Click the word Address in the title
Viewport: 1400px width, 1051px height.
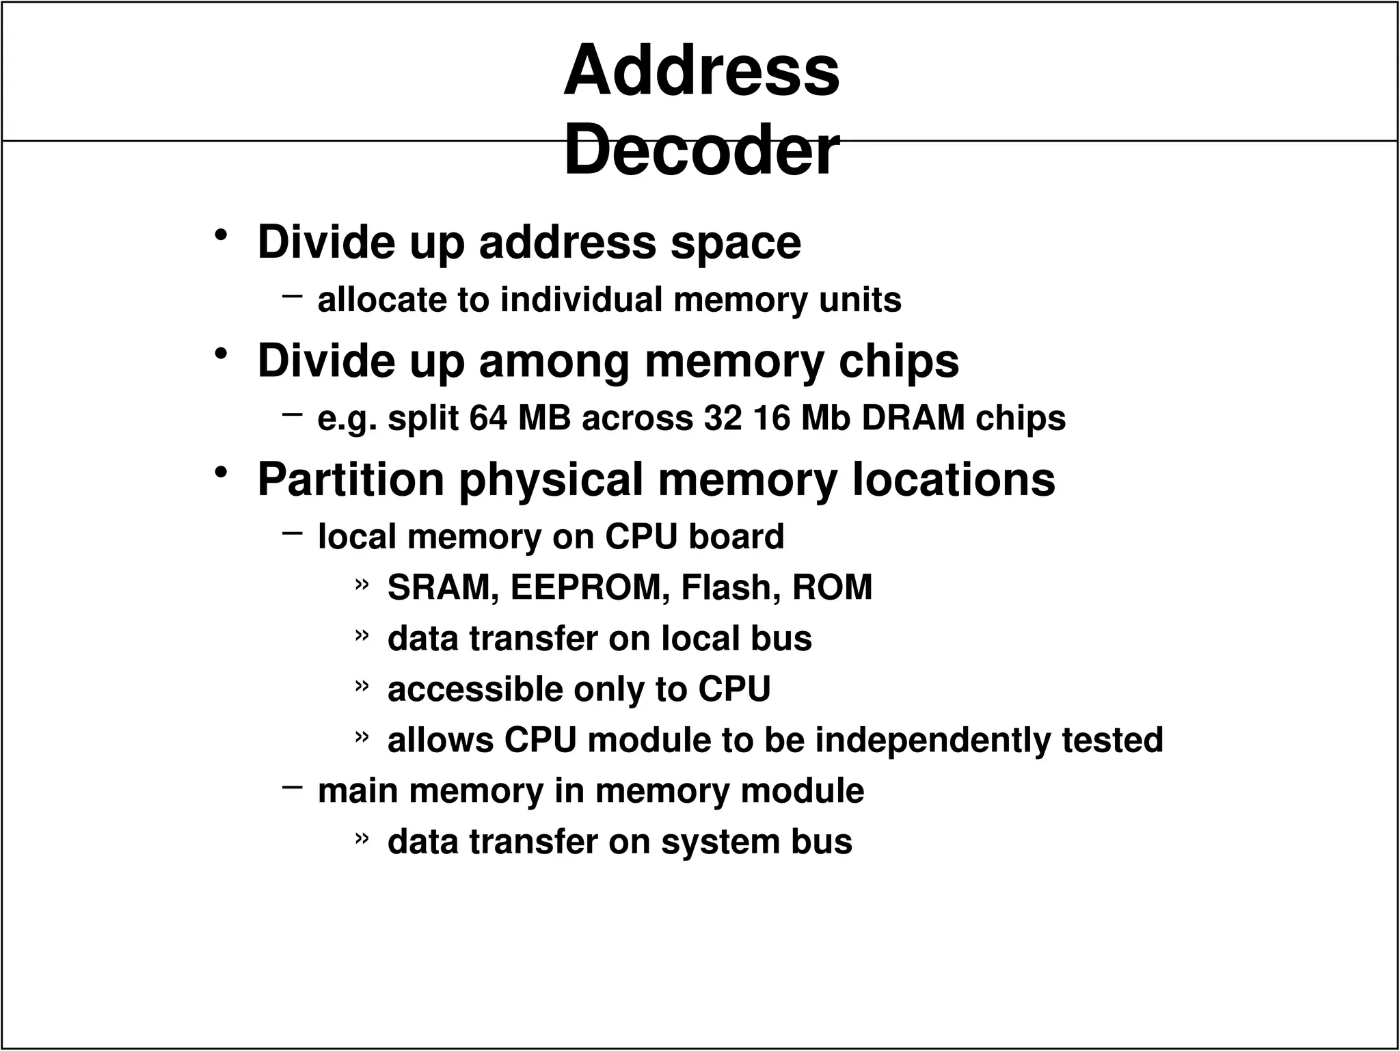point(701,70)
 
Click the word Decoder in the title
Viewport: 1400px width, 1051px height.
point(701,150)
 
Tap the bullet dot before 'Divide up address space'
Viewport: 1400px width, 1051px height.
point(220,236)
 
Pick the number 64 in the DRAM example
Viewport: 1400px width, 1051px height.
point(488,418)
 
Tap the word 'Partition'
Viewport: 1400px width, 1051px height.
point(351,479)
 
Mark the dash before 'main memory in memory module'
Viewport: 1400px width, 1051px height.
point(292,787)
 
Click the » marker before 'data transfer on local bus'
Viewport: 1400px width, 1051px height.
point(362,636)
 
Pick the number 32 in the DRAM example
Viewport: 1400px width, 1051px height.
point(723,418)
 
